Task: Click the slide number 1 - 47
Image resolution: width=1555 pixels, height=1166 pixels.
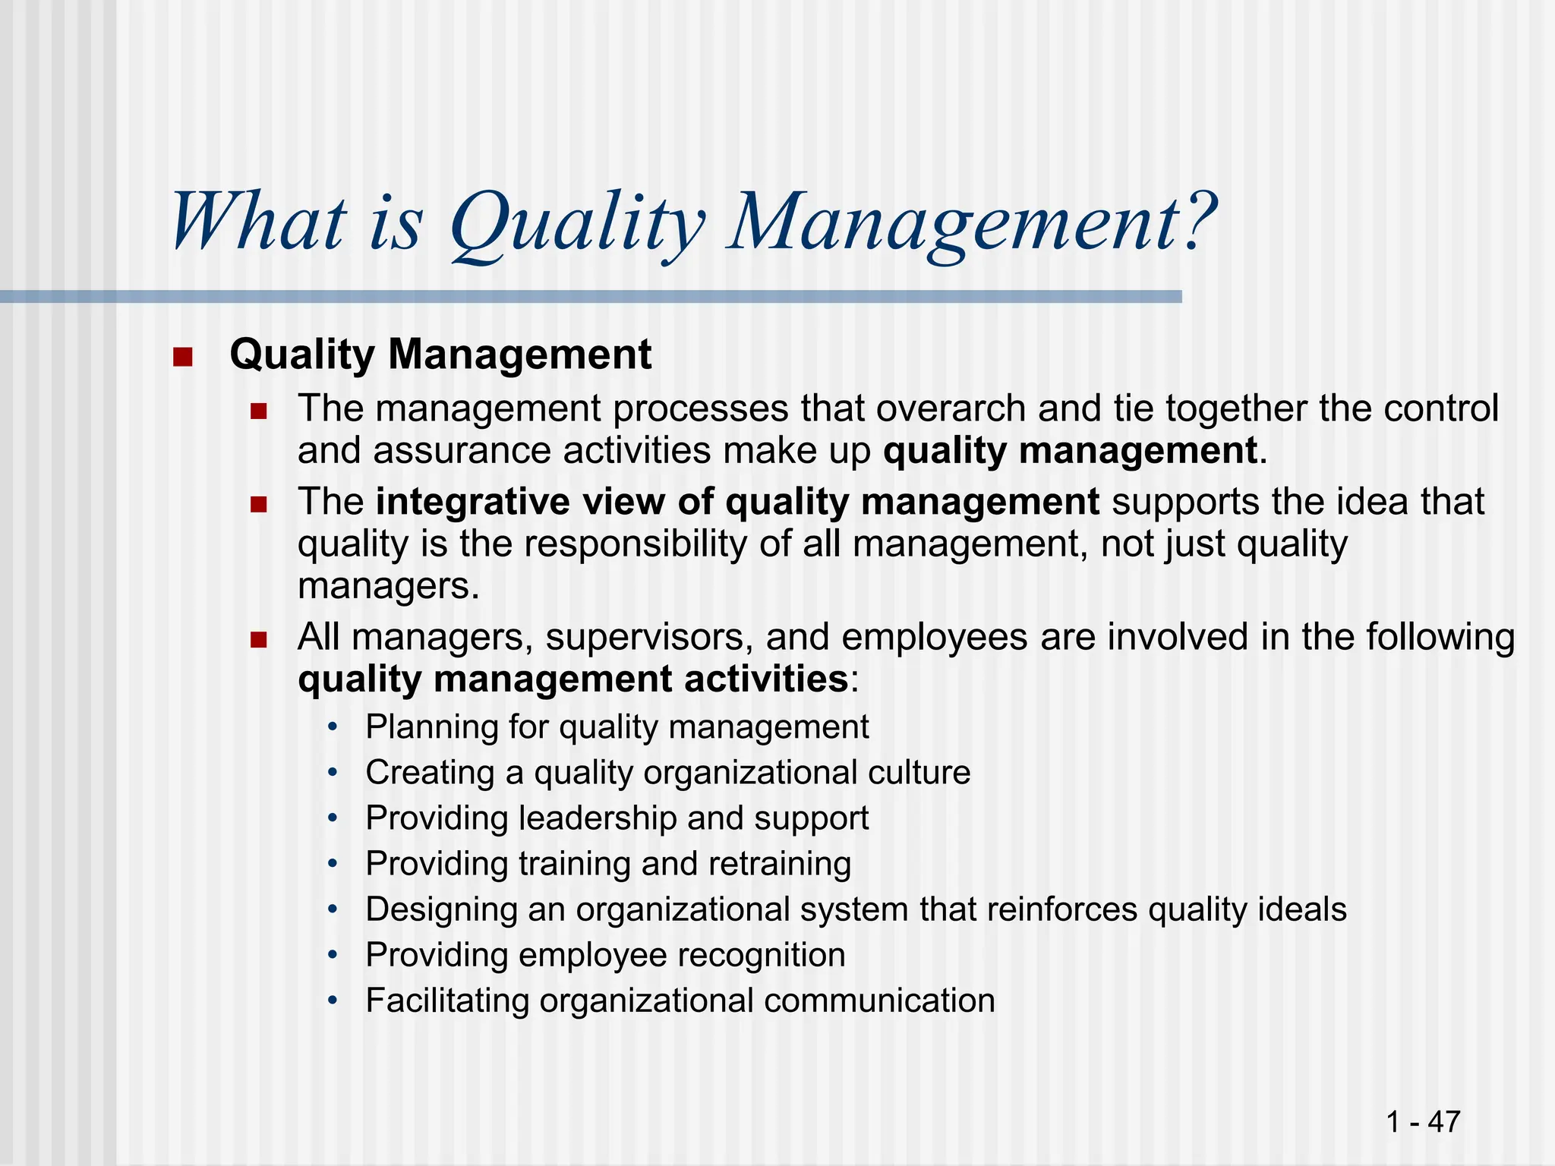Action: [x=1422, y=1121]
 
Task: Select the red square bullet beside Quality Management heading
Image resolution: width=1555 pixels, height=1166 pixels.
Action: [x=182, y=356]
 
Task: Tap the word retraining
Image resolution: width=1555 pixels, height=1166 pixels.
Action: [x=779, y=864]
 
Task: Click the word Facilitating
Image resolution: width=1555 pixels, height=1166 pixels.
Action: [x=446, y=1001]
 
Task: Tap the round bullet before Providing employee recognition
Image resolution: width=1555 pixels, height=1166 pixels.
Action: [x=332, y=955]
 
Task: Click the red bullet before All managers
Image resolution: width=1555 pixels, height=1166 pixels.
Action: [x=259, y=640]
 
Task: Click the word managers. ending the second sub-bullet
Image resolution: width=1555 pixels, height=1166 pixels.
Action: [x=388, y=587]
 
